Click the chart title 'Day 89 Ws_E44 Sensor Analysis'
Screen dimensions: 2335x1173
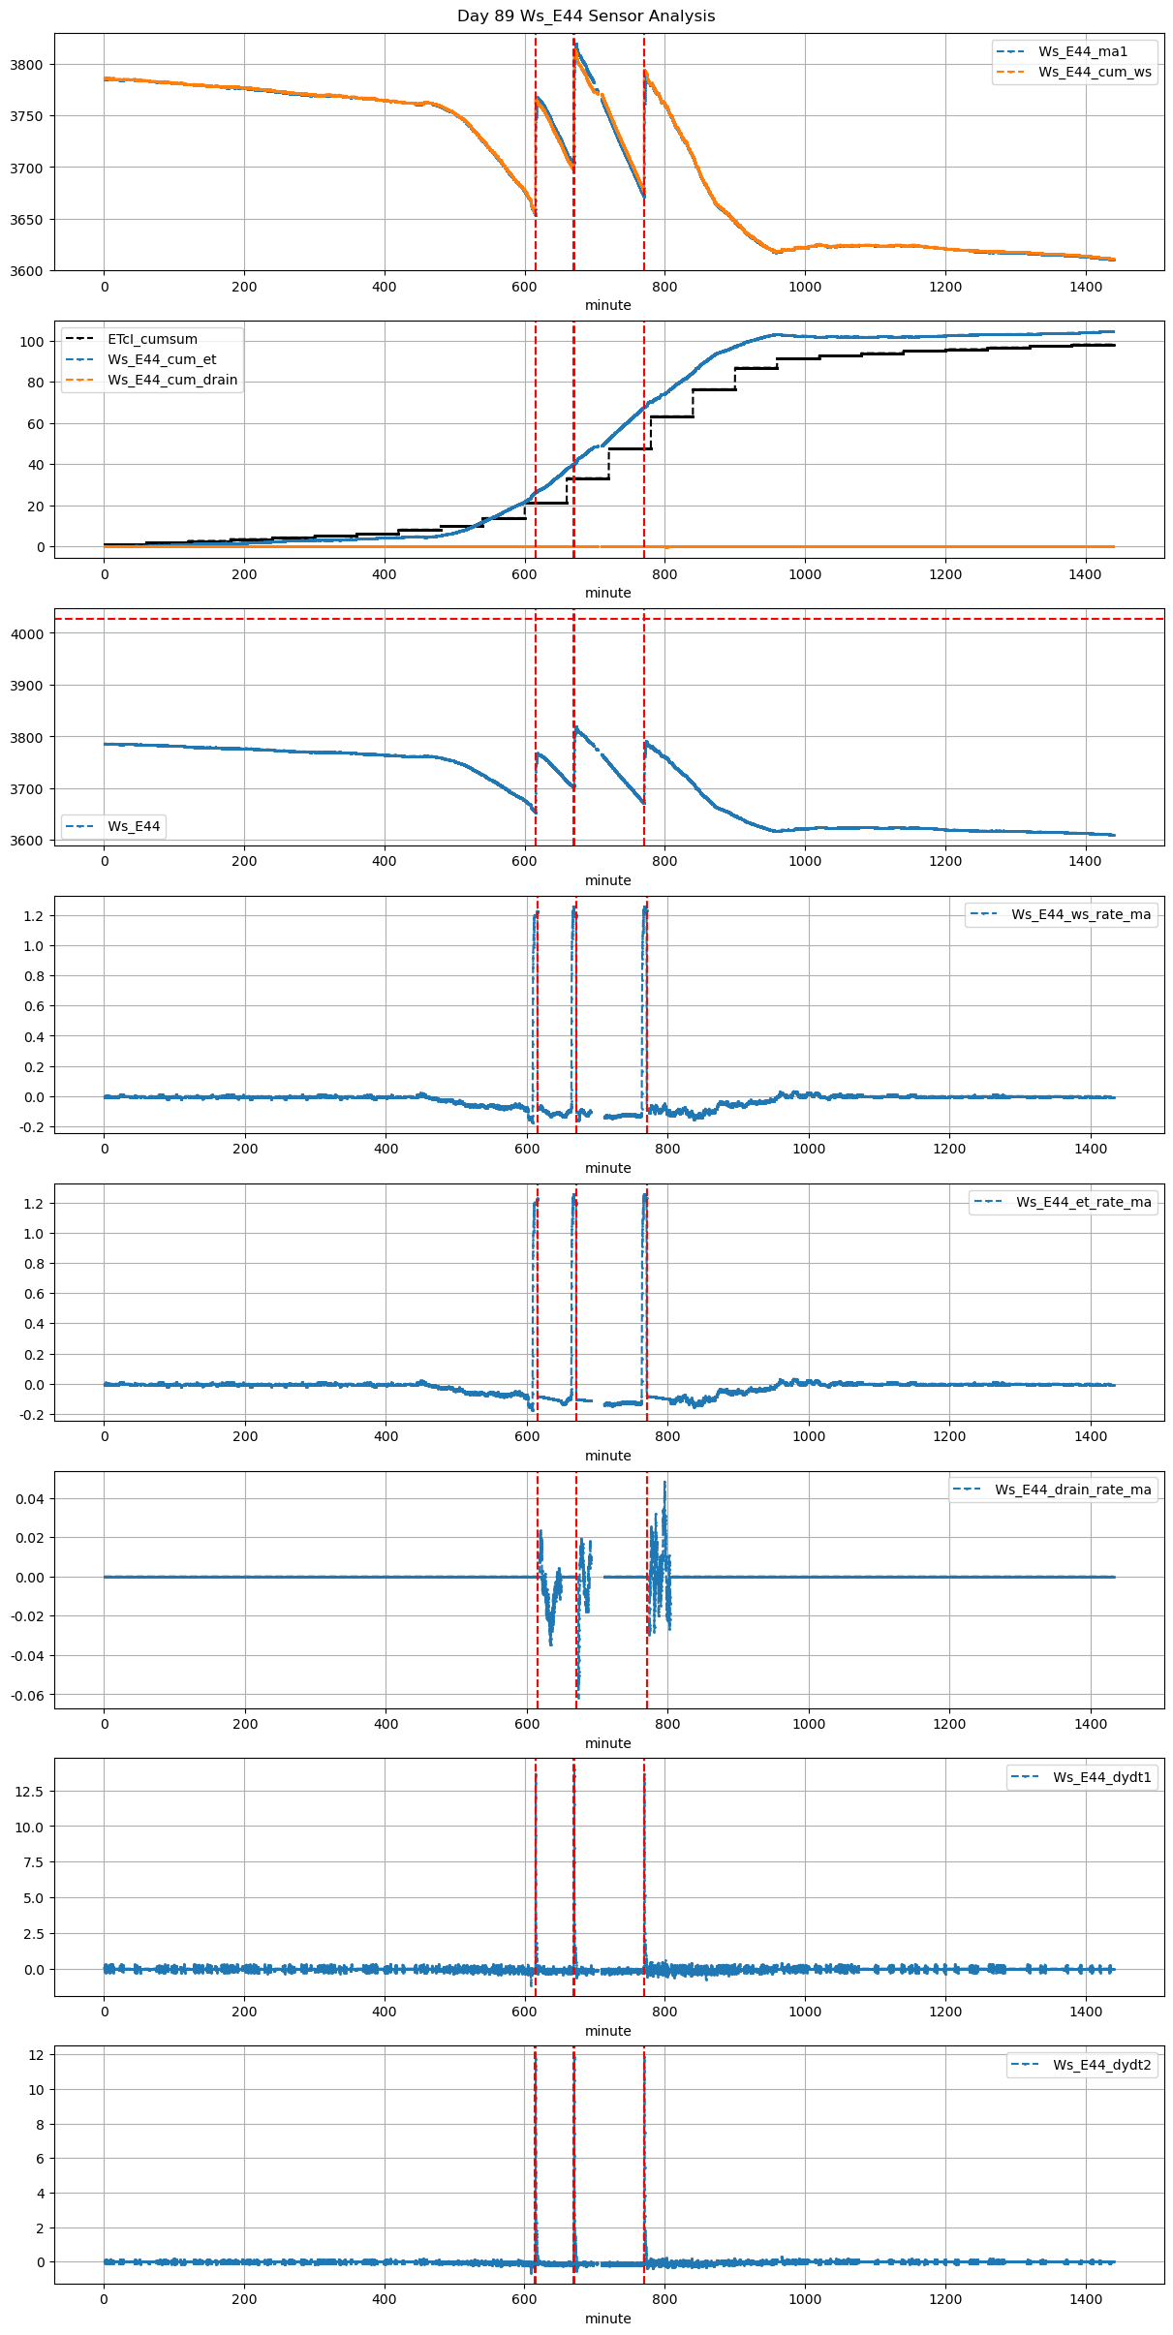point(586,16)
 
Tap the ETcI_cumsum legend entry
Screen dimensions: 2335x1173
point(152,339)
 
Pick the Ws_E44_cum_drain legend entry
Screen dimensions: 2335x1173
point(172,380)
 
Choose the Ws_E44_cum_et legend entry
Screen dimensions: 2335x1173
point(162,359)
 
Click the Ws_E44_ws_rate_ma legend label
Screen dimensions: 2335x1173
point(1081,914)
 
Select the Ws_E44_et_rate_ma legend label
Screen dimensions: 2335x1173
point(1083,1202)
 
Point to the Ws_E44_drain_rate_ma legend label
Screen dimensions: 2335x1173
point(1072,1490)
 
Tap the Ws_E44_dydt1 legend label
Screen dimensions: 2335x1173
point(1102,1777)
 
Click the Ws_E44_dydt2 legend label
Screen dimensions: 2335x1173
point(1102,2065)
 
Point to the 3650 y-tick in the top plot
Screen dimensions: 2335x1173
point(26,220)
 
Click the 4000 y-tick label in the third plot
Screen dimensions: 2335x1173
point(26,634)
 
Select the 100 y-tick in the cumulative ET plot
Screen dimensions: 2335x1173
point(33,342)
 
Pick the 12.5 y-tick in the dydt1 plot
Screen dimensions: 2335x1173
point(29,1792)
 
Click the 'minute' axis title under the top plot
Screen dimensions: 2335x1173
point(607,305)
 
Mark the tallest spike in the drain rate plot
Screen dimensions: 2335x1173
point(664,1483)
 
